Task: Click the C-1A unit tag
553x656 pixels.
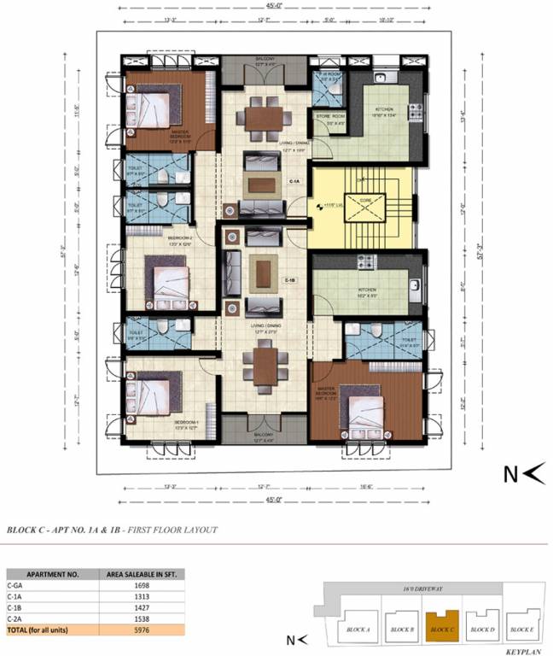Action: coord(294,182)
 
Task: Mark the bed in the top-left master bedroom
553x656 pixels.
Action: coord(150,108)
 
